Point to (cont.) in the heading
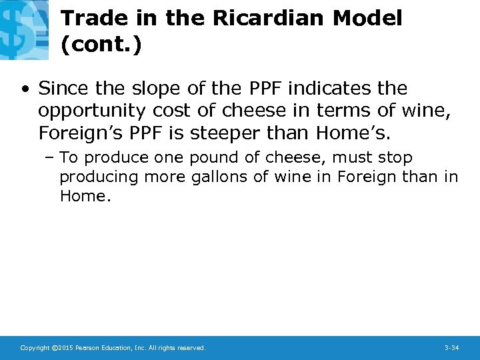pos(101,45)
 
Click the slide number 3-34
pos(451,348)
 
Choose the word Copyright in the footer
pos(35,348)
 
